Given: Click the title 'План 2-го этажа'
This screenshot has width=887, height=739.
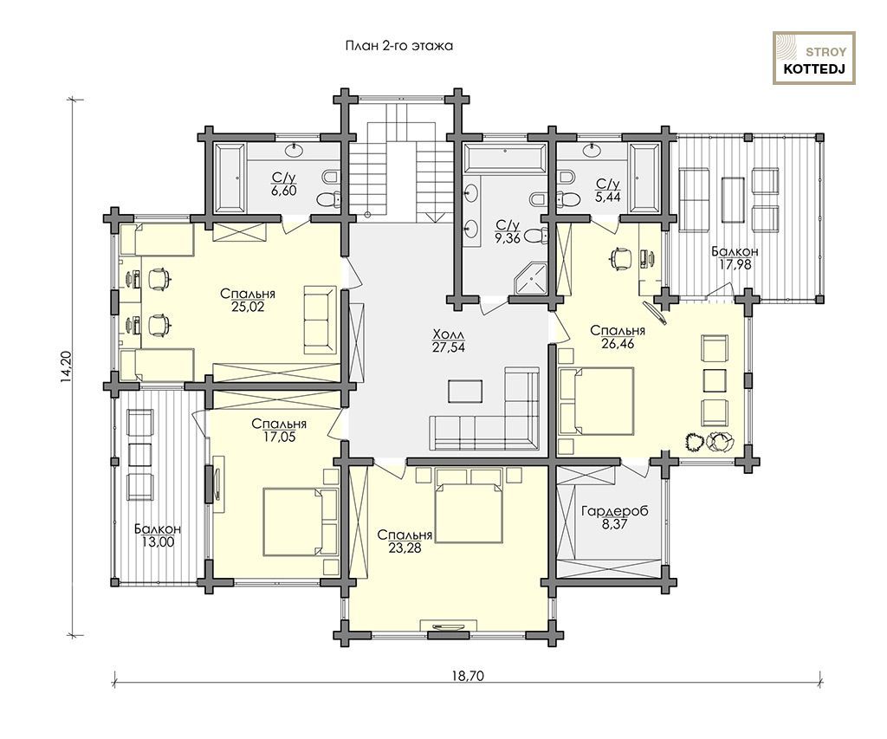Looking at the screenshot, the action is point(398,46).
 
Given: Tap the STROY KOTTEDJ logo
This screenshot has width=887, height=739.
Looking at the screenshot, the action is point(814,58).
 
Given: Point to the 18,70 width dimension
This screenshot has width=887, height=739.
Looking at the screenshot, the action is point(468,675).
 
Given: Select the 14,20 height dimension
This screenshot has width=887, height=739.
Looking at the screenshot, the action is point(66,367).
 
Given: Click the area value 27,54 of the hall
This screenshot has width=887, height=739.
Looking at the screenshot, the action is point(448,347).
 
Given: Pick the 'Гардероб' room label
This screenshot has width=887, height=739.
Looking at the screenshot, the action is point(615,511).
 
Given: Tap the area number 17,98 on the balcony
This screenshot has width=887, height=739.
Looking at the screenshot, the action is point(735,263).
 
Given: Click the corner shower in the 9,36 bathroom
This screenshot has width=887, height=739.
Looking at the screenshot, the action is point(531,280).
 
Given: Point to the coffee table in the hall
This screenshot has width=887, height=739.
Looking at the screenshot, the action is point(465,391).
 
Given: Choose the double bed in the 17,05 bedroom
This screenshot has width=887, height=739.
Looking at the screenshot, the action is point(301,522).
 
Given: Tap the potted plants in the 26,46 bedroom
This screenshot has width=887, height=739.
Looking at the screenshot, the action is point(709,441).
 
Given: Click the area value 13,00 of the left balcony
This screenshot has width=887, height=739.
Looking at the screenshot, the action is point(158,541).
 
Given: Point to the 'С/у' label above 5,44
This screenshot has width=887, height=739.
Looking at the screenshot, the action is point(608,184).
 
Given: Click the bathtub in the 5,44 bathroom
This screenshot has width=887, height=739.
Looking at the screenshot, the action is point(645,178).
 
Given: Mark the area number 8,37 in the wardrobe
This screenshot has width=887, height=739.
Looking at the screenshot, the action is point(615,524).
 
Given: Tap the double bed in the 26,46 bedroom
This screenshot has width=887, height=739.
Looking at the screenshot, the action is point(596,401).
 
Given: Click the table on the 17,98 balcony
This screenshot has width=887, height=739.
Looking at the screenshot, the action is point(734,200).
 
